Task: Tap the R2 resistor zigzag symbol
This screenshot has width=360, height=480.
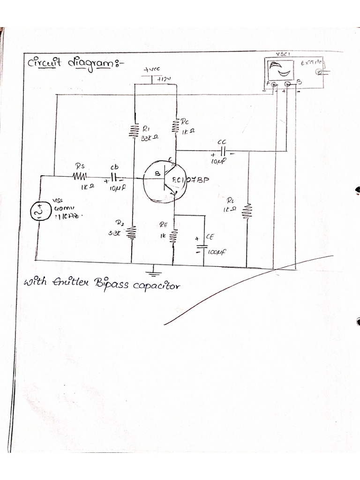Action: pyautogui.click(x=133, y=232)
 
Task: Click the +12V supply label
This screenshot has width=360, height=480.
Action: pyautogui.click(x=165, y=79)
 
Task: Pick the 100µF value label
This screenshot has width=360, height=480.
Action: pyautogui.click(x=217, y=252)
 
